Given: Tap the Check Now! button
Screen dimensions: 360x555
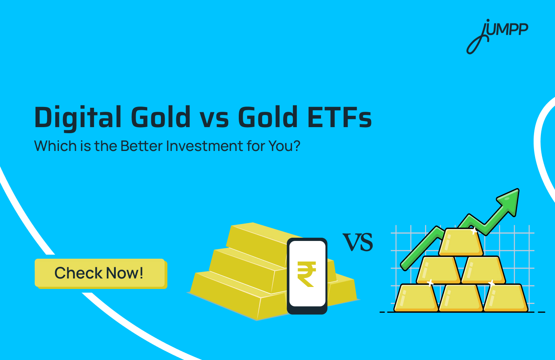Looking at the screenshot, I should pos(100,273).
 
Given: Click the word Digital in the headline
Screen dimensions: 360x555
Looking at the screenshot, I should pos(78,117).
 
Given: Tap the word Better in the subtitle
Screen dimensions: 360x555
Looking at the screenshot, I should pos(141,146).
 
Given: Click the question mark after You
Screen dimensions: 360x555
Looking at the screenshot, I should pos(297,146).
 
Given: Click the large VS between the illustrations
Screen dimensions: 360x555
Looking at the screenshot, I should pos(358,242).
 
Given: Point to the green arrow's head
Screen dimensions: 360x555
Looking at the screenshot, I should pos(509,199).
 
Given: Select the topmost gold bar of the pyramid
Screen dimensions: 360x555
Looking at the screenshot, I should pos(461,243).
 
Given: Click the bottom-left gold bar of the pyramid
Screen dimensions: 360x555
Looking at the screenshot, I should pos(416,298).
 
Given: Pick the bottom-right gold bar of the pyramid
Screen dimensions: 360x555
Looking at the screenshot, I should pos(505,298).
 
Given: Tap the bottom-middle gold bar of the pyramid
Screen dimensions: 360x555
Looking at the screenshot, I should pos(461,298).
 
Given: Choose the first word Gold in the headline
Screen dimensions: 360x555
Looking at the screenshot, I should pos(161,117).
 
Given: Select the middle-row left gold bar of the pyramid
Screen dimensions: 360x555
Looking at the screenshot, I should pos(438,270).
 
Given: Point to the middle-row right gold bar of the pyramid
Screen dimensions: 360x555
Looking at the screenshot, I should pos(483,270).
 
